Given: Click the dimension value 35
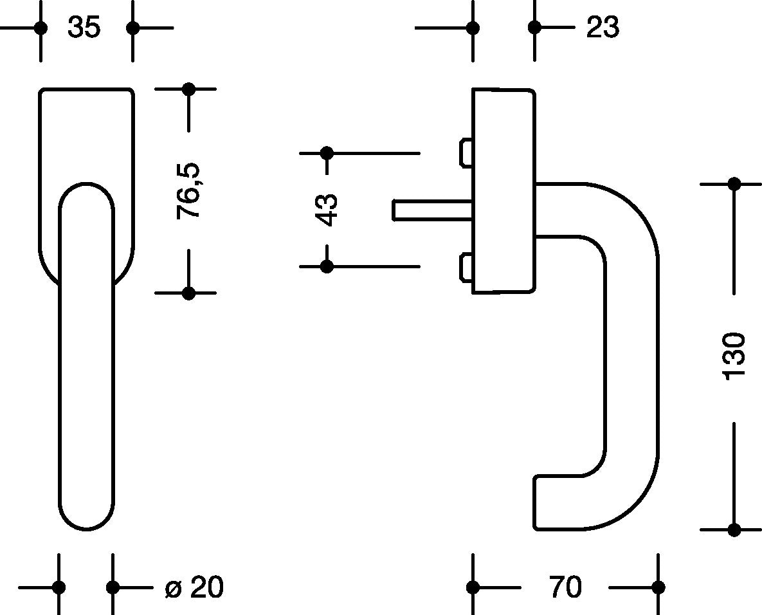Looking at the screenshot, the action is [84, 27].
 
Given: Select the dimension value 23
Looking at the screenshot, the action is [603, 27].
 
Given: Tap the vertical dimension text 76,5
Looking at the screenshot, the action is [188, 190].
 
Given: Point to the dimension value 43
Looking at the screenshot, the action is [327, 210].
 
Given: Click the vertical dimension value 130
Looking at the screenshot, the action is [734, 356].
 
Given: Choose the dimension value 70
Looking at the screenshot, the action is [565, 587].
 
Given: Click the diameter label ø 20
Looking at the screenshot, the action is [194, 587].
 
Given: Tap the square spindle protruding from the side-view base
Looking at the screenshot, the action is [432, 210].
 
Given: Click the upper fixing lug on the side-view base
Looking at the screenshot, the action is [466, 153].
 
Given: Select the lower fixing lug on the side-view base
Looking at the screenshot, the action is [466, 267].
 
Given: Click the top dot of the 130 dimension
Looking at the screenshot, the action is [734, 184].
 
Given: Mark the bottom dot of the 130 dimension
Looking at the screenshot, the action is [734, 529].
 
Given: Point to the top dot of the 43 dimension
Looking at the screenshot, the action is [327, 153].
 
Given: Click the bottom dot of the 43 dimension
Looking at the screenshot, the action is [327, 266].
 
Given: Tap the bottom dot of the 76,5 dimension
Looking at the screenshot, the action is [188, 293].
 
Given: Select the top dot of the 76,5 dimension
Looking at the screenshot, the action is [188, 89].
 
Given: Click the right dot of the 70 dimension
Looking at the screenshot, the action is [658, 587].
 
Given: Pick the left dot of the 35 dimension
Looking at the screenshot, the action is [41, 28].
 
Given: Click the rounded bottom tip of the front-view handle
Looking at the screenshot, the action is [87, 529].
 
